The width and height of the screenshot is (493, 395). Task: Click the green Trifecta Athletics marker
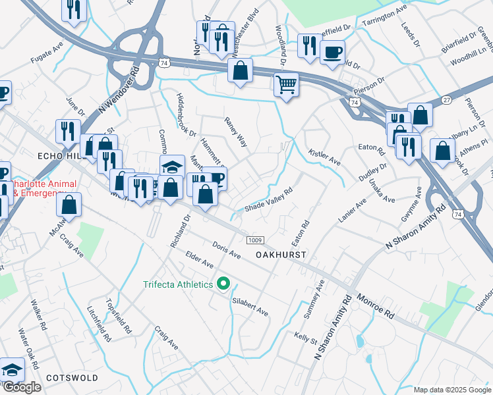click(x=223, y=284)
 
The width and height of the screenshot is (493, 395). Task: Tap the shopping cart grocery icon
click(x=286, y=84)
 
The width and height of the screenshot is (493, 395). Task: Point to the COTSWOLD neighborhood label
click(x=72, y=378)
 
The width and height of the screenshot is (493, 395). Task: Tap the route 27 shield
click(x=446, y=99)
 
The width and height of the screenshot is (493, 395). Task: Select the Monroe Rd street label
click(x=375, y=306)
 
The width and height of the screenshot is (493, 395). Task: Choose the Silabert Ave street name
click(x=250, y=307)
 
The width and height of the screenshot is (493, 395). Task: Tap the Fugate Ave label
click(x=47, y=54)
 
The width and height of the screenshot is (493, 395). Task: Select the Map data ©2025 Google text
click(x=451, y=390)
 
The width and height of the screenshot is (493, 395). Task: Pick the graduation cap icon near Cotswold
click(x=12, y=371)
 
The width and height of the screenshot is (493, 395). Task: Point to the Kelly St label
click(x=305, y=337)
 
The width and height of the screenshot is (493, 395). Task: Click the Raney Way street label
click(x=235, y=132)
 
